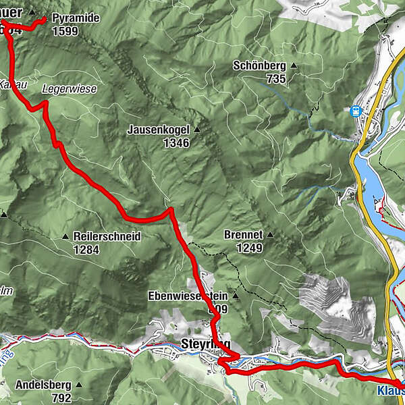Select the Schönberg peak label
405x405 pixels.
259,66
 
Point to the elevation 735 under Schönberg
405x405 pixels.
275,78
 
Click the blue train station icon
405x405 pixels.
355,111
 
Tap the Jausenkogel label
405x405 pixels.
158,130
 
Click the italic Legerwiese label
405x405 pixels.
69,88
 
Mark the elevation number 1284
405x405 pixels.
86,249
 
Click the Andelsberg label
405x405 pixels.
43,386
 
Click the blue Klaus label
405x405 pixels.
389,389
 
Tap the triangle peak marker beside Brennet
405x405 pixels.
270,236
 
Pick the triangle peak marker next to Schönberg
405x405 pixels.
294,66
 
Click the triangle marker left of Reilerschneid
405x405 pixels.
65,237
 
